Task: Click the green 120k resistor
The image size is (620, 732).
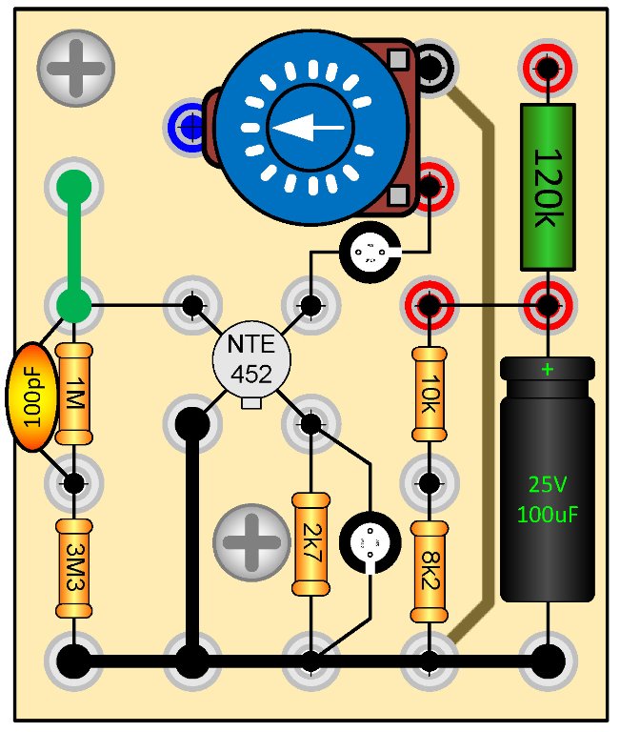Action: pos(548,187)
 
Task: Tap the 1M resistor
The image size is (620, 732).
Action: pos(73,394)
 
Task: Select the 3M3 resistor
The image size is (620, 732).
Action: pos(73,569)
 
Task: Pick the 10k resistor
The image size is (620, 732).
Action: pos(430,394)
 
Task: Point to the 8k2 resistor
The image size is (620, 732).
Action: pos(430,570)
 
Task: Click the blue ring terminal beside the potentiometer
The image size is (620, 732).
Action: pos(186,124)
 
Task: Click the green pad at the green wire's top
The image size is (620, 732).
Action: pos(74,187)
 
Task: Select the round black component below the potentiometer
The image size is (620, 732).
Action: pos(367,254)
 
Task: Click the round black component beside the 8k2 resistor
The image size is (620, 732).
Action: pos(367,544)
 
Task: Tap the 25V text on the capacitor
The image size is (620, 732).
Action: pos(548,483)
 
